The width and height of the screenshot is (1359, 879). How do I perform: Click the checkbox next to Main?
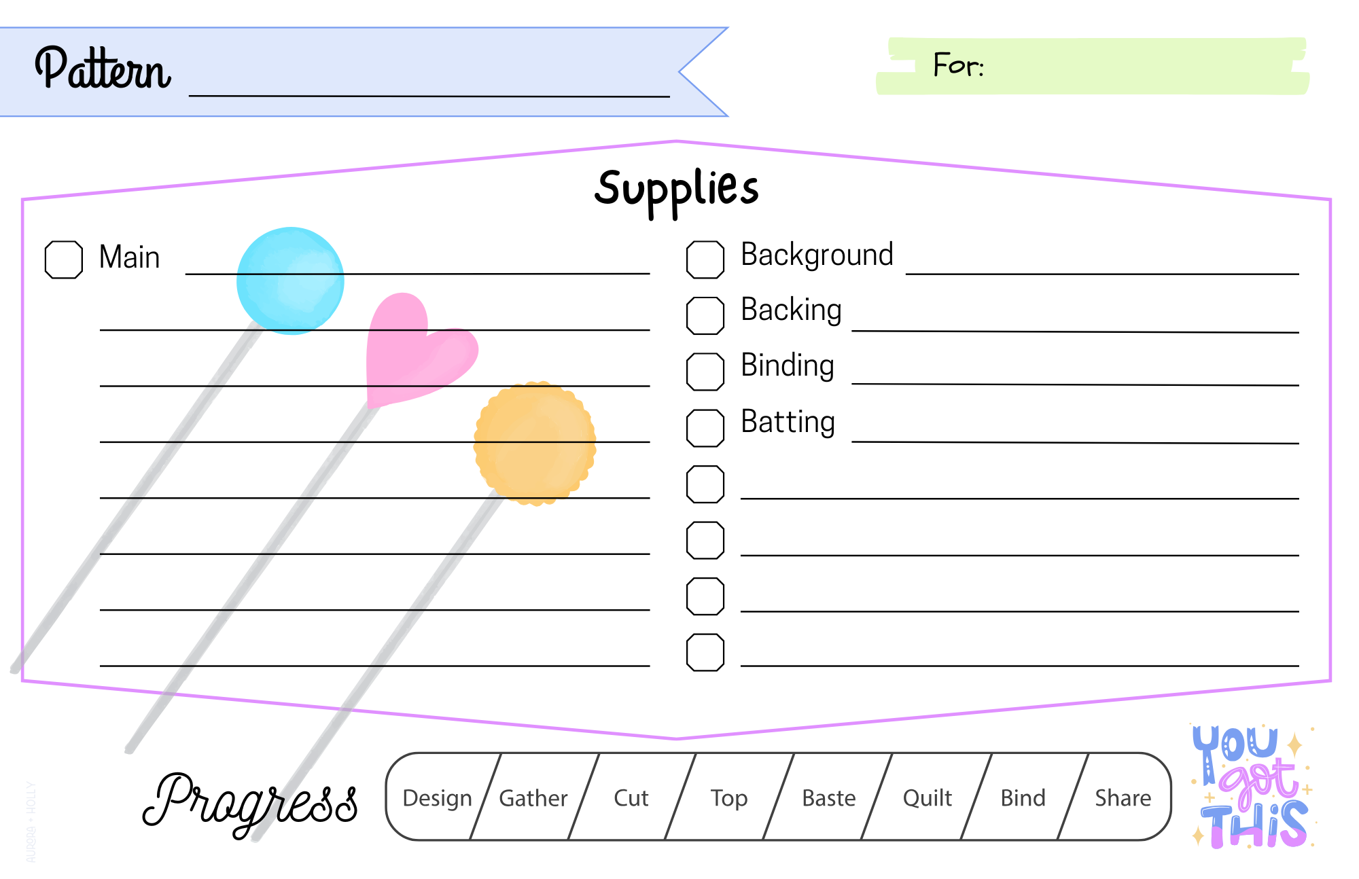(64, 259)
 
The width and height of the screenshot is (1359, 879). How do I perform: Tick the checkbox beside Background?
(705, 259)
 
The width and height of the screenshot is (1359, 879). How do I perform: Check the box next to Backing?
(705, 316)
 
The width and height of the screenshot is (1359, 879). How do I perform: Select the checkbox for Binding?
(705, 372)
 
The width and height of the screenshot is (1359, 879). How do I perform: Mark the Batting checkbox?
(705, 428)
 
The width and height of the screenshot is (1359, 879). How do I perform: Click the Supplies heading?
(676, 189)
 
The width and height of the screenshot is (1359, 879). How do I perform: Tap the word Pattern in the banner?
(103, 69)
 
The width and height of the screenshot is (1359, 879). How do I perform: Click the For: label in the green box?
(958, 65)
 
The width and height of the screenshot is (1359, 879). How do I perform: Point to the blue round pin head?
(290, 280)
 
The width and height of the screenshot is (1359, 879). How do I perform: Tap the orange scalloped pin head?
(535, 443)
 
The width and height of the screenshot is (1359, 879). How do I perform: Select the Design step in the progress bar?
(437, 797)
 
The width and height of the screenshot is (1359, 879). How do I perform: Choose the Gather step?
(533, 797)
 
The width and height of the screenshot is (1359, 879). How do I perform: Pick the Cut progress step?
(631, 797)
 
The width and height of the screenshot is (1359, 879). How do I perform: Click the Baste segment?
(828, 797)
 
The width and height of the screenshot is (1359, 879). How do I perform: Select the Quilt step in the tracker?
(927, 797)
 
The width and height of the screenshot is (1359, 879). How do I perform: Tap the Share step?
(1123, 797)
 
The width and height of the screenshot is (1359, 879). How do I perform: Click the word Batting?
(788, 422)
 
